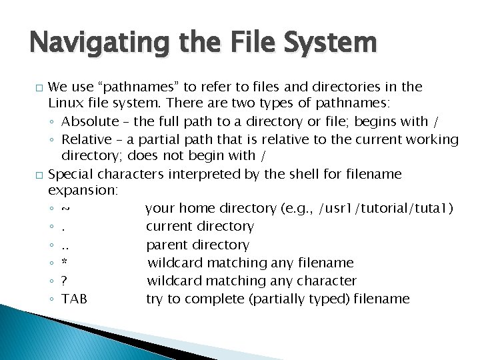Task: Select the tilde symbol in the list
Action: tap(65, 209)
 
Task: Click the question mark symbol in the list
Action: tap(65, 281)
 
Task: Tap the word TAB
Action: tap(74, 299)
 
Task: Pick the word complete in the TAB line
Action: tap(217, 299)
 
